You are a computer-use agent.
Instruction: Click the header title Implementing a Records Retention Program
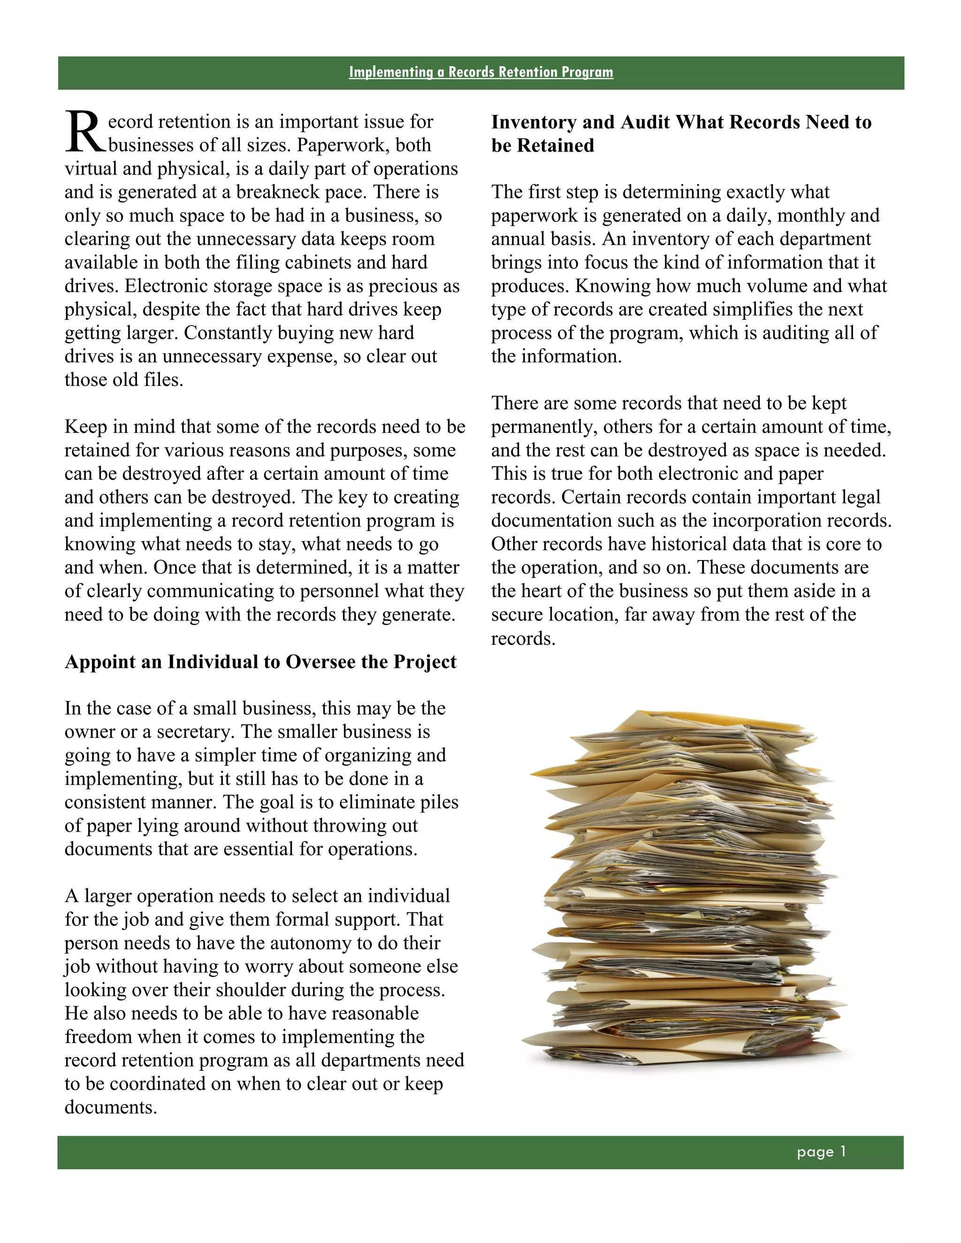tap(480, 72)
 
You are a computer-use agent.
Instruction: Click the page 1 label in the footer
tap(821, 1152)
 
